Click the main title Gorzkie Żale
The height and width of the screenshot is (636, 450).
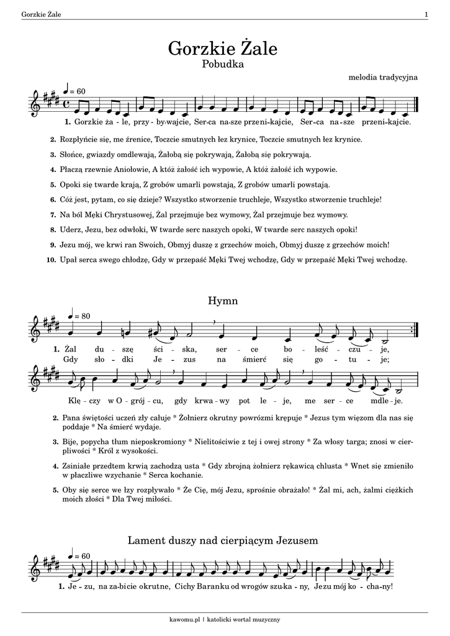click(223, 48)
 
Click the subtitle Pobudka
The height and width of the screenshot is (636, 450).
click(223, 63)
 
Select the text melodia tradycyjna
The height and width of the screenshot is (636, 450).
click(384, 77)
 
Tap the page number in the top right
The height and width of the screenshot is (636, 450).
click(426, 14)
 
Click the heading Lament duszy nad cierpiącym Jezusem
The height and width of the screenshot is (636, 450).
click(223, 540)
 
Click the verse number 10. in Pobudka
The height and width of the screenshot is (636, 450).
click(52, 260)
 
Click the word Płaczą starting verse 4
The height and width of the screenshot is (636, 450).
click(72, 169)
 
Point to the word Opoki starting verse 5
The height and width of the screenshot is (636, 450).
click(71, 184)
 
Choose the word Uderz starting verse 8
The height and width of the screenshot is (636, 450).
click(71, 230)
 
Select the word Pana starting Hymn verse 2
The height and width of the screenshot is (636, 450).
click(71, 419)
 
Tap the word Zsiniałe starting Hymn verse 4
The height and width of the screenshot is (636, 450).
click(76, 465)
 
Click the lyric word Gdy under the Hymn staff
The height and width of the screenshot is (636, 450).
click(71, 359)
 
